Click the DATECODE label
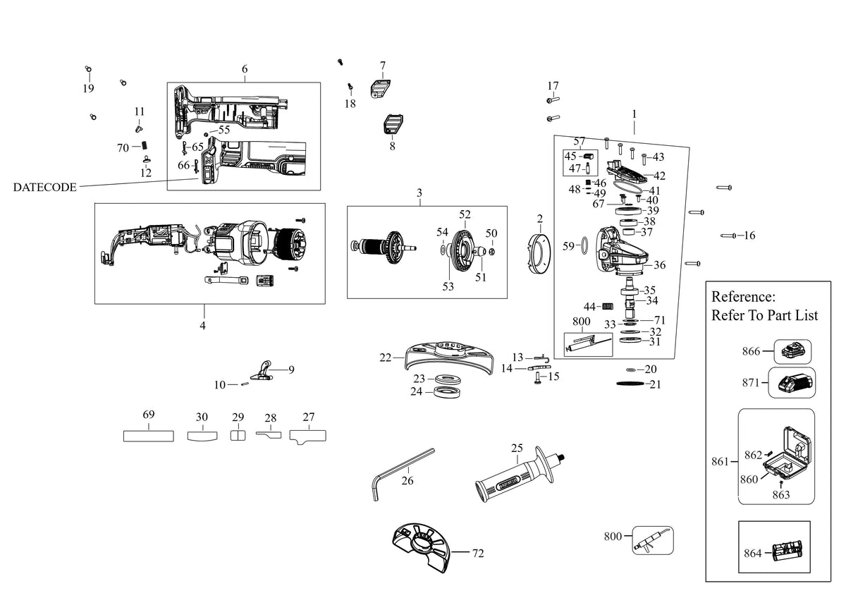pyautogui.click(x=44, y=188)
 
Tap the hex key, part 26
pyautogui.click(x=403, y=475)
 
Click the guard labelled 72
pyautogui.click(x=421, y=547)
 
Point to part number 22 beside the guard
pyautogui.click(x=385, y=358)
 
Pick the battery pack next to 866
pyautogui.click(x=792, y=352)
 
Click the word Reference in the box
pyautogui.click(x=743, y=297)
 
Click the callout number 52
pyautogui.click(x=465, y=214)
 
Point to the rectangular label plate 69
pyautogui.click(x=149, y=437)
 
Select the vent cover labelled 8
pyautogui.click(x=393, y=124)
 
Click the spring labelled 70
pyautogui.click(x=144, y=146)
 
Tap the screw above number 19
pyautogui.click(x=88, y=69)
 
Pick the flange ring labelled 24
pyautogui.click(x=447, y=392)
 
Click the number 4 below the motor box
pyautogui.click(x=203, y=326)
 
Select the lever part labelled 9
pyautogui.click(x=262, y=371)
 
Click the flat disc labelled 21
pyautogui.click(x=630, y=384)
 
